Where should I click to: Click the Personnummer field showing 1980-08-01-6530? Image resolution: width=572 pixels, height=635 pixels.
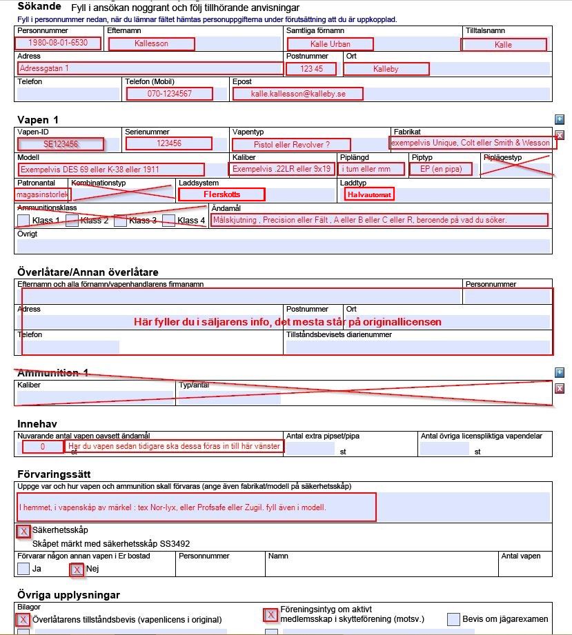click(x=58, y=43)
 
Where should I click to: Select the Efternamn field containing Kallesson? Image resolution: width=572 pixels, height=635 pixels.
click(x=151, y=43)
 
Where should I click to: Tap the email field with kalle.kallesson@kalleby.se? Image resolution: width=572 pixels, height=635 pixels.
click(x=297, y=93)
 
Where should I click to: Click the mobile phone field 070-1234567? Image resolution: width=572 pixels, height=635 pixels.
click(x=169, y=93)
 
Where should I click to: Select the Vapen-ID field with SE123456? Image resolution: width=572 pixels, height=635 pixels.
click(x=61, y=144)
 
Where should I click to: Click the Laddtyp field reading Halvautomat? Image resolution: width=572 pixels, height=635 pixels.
click(x=368, y=194)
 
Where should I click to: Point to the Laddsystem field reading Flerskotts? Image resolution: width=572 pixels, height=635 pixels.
click(x=221, y=194)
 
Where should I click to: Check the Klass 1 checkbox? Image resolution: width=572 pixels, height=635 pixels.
click(x=23, y=221)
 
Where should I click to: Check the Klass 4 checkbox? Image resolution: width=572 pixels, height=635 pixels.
click(x=168, y=221)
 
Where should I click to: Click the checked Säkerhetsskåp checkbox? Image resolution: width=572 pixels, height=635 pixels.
click(x=23, y=531)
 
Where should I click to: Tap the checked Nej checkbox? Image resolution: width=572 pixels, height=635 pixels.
click(x=77, y=570)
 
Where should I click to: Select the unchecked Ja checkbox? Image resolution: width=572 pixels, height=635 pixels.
click(x=23, y=569)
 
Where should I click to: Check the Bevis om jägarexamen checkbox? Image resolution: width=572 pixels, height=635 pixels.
click(x=453, y=618)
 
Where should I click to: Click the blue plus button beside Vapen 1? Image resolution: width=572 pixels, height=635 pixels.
click(x=560, y=119)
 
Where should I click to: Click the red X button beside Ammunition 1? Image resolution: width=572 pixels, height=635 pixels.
click(x=560, y=388)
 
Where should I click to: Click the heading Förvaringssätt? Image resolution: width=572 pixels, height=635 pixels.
click(x=54, y=475)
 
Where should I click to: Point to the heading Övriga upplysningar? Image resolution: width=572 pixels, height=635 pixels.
click(x=68, y=594)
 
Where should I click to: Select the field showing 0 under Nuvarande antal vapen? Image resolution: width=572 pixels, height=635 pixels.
click(x=43, y=447)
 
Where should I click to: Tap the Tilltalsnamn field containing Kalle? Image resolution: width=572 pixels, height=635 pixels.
click(x=504, y=44)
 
